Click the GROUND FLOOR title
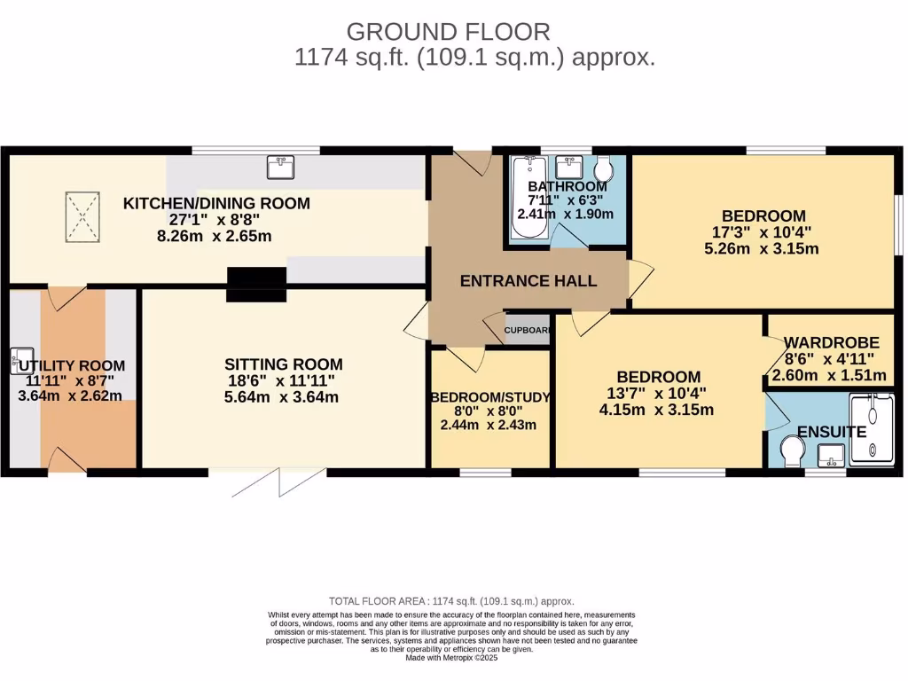pos(449,31)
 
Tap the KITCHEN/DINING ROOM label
pos(216,203)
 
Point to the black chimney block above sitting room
pos(257,284)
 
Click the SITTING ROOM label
pos(283,364)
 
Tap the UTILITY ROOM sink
pos(20,360)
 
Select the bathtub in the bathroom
pos(528,199)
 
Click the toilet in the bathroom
pos(605,168)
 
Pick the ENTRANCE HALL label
pos(528,281)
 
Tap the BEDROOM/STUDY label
pos(490,397)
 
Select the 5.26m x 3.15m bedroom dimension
pos(763,248)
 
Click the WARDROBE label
pos(831,342)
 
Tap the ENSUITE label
pos(831,432)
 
